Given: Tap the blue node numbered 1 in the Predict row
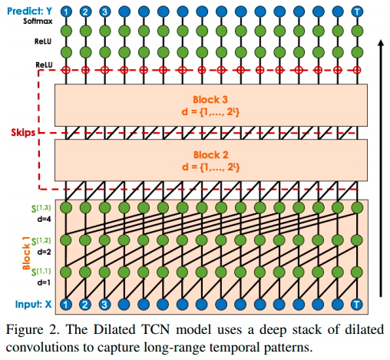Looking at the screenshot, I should tap(66, 12).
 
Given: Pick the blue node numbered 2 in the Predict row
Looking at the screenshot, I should tap(85, 12).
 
